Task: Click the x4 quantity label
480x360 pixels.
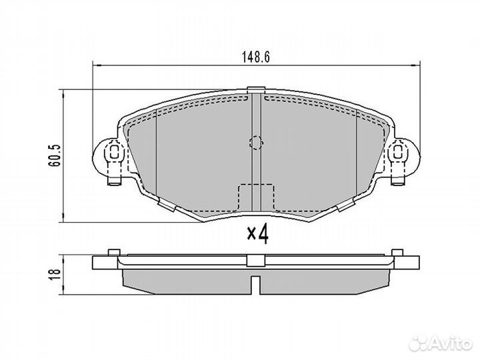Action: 257,235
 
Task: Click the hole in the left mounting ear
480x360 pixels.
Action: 114,153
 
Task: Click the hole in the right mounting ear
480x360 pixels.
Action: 399,153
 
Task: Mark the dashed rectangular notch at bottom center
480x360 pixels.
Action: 257,197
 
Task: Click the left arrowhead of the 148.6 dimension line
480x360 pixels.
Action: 95,65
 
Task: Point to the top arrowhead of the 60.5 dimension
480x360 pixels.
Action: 64,93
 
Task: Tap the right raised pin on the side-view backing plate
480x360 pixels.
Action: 399,252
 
